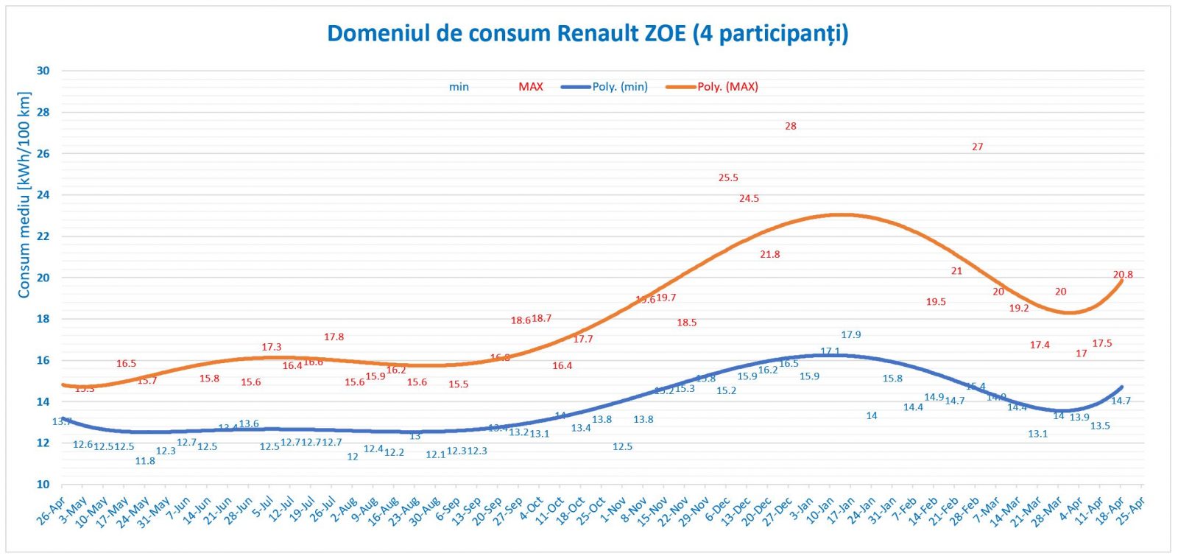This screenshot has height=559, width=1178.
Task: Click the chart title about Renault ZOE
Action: tap(588, 34)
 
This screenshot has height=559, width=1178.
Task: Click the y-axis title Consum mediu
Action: tap(24, 195)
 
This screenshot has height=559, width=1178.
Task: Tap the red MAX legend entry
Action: tap(530, 87)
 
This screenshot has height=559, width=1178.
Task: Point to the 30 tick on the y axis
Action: tap(43, 71)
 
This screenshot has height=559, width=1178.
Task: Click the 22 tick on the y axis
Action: tap(43, 236)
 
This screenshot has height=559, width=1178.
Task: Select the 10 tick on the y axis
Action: tap(43, 484)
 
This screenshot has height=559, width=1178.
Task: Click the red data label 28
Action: tap(790, 126)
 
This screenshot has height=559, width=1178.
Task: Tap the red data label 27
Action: tap(977, 147)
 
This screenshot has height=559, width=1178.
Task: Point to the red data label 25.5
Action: tap(728, 177)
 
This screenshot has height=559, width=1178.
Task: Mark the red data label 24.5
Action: tap(749, 198)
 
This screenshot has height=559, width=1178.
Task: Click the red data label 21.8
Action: tap(769, 254)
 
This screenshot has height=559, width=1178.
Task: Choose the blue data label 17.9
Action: tap(850, 334)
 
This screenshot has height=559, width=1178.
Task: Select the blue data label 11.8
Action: tap(145, 461)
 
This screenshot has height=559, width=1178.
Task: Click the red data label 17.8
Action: tap(334, 337)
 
